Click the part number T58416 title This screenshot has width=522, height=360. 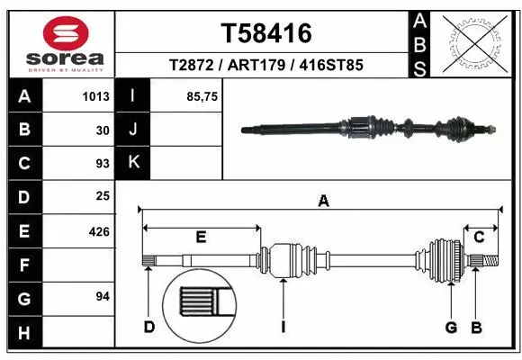[266, 34]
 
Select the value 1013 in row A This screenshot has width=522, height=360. [95, 96]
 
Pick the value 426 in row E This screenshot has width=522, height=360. [98, 231]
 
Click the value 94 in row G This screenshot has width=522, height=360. [102, 297]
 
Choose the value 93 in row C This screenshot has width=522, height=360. [102, 164]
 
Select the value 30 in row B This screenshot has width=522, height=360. [102, 130]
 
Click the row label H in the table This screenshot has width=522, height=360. [23, 332]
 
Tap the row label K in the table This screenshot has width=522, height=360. [132, 163]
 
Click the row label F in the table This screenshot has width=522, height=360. [23, 265]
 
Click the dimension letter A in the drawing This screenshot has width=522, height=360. [323, 202]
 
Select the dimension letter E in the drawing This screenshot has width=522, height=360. [201, 237]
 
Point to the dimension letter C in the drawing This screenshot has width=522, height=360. [480, 237]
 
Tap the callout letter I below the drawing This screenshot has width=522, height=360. [283, 327]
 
